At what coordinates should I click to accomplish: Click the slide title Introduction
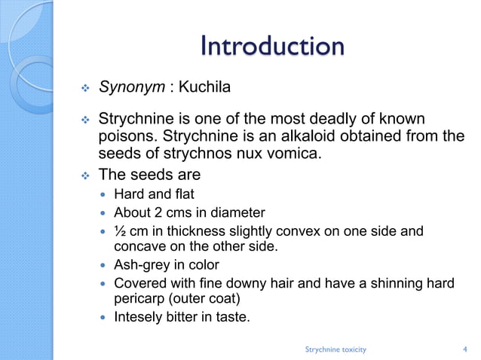tap(272, 47)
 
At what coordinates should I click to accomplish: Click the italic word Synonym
tap(132, 90)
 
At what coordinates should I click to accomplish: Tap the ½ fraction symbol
tap(119, 230)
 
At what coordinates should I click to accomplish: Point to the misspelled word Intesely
tap(138, 316)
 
